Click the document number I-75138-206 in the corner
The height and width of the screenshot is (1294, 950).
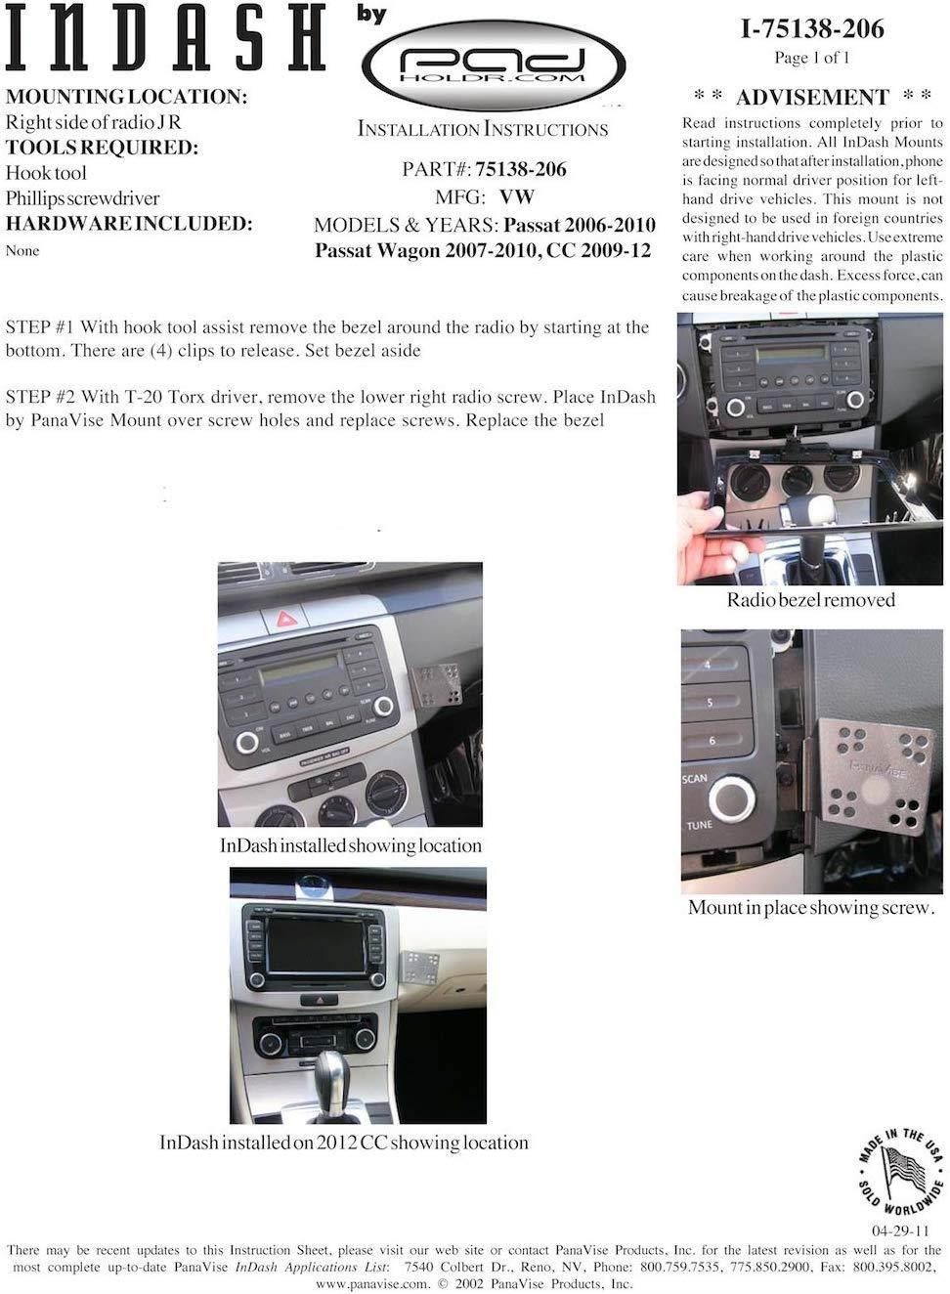pyautogui.click(x=812, y=29)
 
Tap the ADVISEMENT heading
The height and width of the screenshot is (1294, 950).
pyautogui.click(x=812, y=97)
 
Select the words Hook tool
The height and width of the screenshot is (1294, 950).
pyautogui.click(x=46, y=173)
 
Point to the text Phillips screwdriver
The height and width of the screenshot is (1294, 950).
pyautogui.click(x=83, y=198)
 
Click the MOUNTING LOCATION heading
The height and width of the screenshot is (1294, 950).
pyautogui.click(x=126, y=97)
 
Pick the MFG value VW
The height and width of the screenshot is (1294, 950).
pyautogui.click(x=517, y=197)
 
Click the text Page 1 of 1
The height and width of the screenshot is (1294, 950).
pyautogui.click(x=812, y=58)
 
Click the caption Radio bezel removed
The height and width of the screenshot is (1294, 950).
pyautogui.click(x=811, y=600)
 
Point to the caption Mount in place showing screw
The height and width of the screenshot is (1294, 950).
pyautogui.click(x=811, y=908)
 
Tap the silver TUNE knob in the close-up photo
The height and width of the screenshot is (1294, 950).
pyautogui.click(x=732, y=799)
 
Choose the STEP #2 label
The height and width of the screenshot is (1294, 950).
pyautogui.click(x=40, y=397)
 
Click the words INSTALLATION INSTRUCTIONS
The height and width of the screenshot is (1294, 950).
pyautogui.click(x=483, y=129)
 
